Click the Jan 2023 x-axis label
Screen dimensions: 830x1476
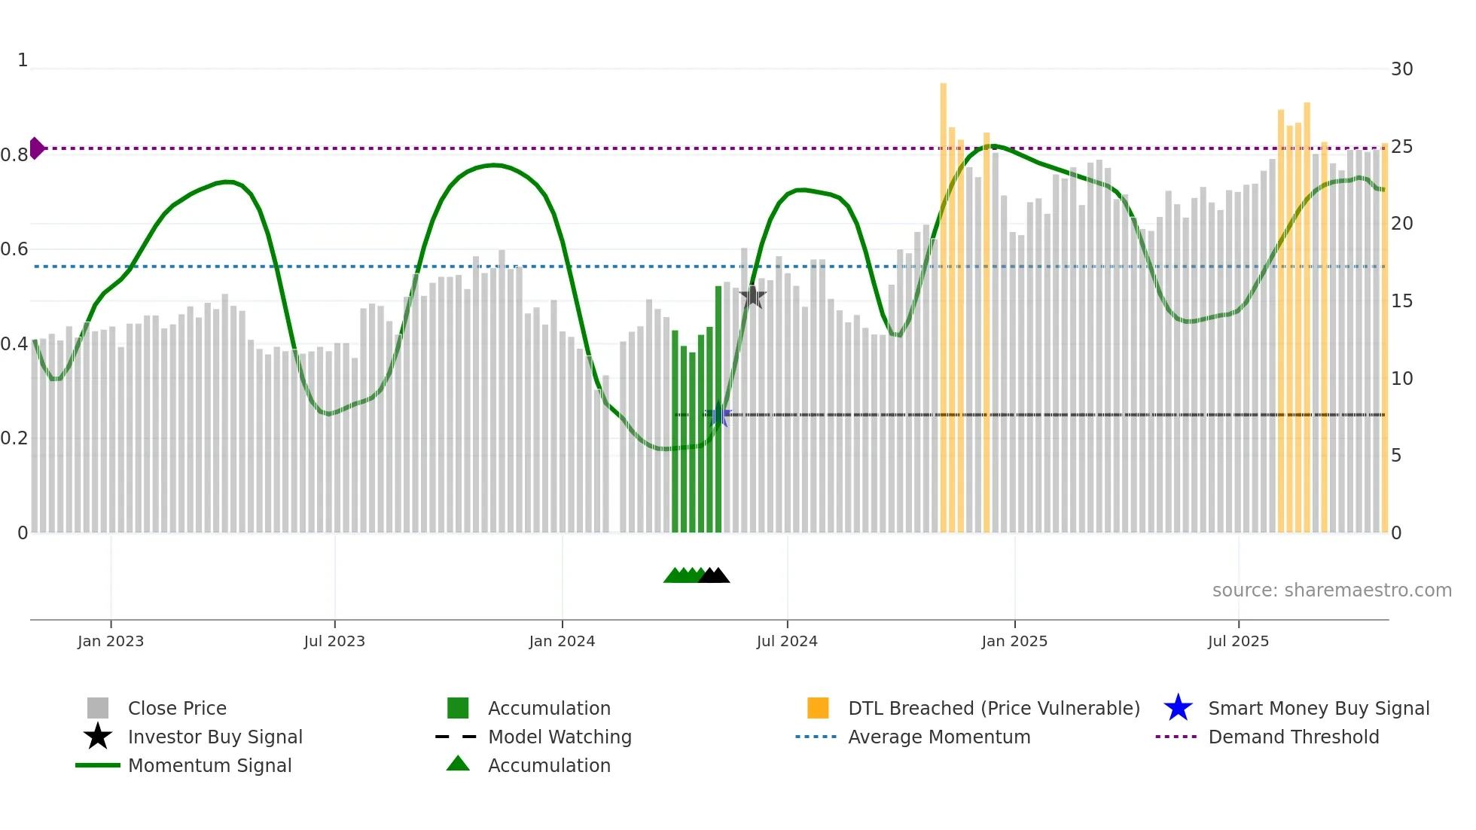[111, 641]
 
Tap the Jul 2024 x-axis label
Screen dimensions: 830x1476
[787, 641]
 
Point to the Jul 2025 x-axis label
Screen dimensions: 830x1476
[1238, 641]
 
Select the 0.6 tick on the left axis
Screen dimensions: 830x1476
[14, 249]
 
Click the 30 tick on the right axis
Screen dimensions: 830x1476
[1401, 69]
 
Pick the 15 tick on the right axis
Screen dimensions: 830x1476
[1401, 301]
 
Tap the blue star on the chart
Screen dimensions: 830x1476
[719, 416]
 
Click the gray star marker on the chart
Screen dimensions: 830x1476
[752, 297]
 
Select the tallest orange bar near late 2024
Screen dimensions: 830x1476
[943, 301]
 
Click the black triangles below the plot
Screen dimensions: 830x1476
[714, 575]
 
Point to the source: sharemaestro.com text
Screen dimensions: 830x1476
[1331, 590]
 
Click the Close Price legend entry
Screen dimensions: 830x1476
[177, 708]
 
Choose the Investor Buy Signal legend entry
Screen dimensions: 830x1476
[215, 737]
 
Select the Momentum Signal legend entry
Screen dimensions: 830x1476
[209, 765]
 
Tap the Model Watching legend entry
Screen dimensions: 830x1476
[560, 737]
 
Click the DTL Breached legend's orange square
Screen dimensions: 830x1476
[818, 708]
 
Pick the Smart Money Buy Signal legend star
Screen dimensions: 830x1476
[1178, 708]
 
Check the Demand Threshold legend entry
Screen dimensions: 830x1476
[1293, 737]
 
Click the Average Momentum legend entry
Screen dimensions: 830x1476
[939, 737]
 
